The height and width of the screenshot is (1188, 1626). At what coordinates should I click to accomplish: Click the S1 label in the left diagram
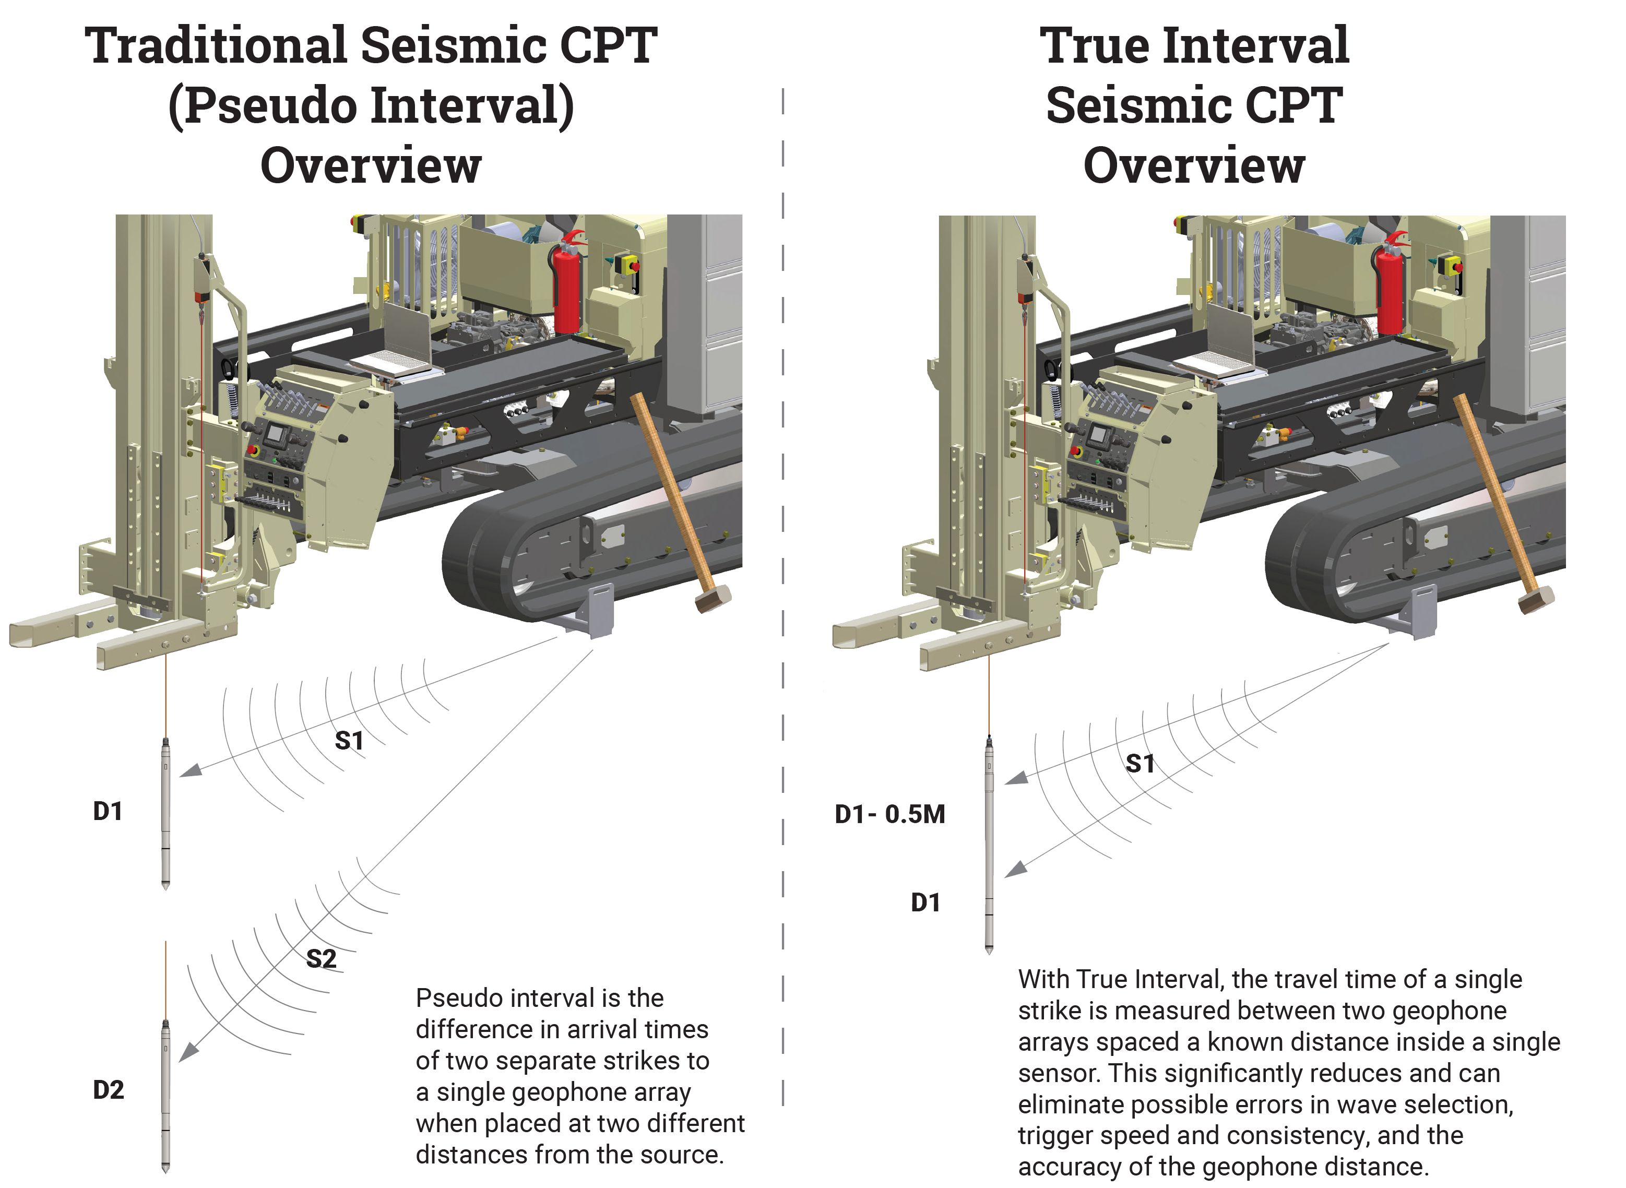click(x=350, y=741)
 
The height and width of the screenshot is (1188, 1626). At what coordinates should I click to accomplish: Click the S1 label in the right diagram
click(x=1140, y=764)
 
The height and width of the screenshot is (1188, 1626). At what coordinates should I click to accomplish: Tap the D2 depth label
click(x=109, y=1090)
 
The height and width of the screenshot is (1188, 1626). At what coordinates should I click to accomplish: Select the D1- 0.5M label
click(x=889, y=815)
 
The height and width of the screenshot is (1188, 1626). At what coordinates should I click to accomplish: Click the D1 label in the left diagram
click(x=108, y=812)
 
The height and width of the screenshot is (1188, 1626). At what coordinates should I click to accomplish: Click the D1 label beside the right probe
click(x=925, y=903)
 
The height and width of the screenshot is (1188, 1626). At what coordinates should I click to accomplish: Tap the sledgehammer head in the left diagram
click(x=713, y=598)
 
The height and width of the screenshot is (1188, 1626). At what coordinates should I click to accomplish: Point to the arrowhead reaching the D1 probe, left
click(x=189, y=771)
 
